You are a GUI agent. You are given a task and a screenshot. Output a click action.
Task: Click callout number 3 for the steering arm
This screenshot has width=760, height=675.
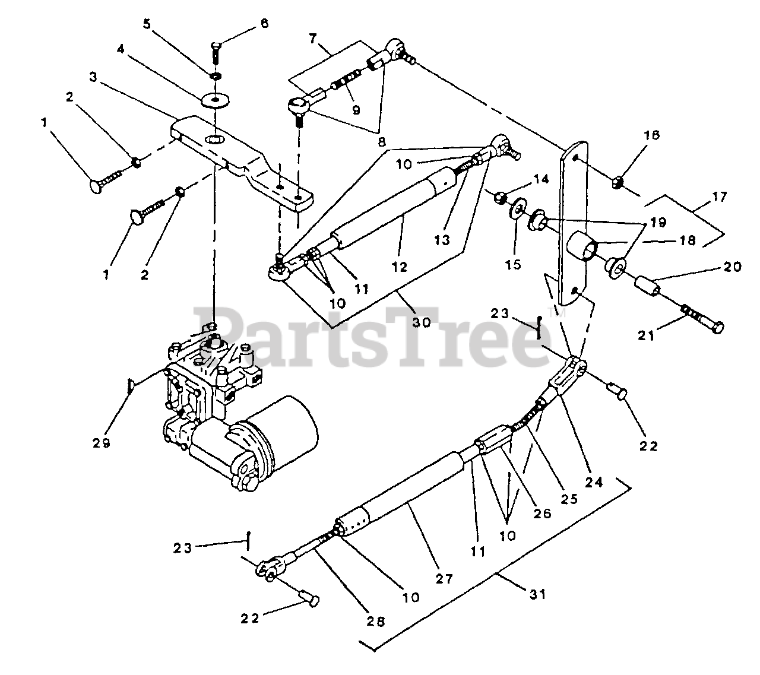tap(93, 77)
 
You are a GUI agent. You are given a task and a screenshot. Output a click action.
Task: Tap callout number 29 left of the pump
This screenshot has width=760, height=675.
tap(102, 442)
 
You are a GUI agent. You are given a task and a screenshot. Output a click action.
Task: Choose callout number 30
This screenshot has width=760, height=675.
tap(422, 322)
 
